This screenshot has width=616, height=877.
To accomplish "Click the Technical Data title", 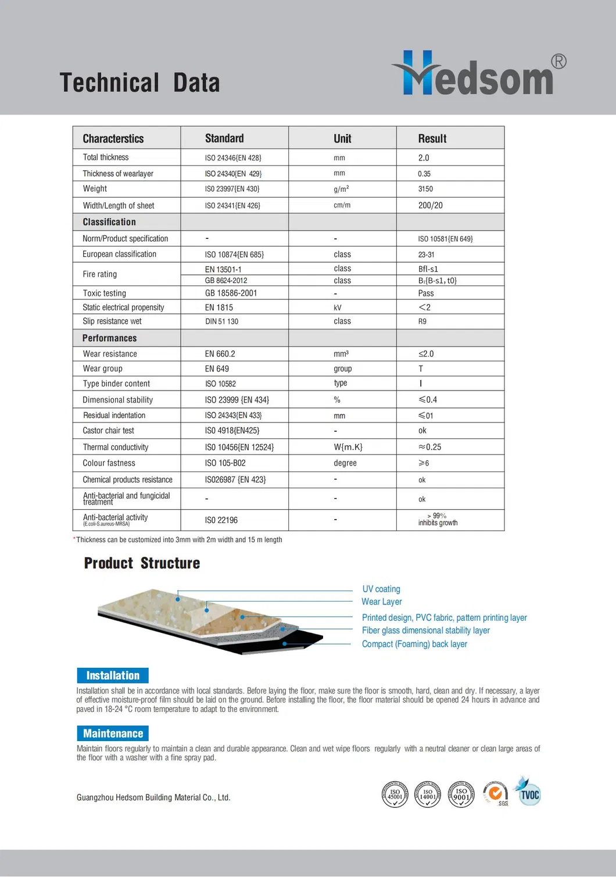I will tap(139, 83).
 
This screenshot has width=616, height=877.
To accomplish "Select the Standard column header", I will tap(224, 138).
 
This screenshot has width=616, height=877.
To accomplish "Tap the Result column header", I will tap(432, 138).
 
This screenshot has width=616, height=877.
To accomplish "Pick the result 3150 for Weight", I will tap(425, 189).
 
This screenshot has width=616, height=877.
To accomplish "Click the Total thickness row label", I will tap(106, 157).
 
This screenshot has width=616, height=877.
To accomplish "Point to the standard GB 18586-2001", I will tap(231, 293).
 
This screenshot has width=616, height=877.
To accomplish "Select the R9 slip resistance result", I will tap(422, 321).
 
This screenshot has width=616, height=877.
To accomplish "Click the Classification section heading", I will tap(109, 222).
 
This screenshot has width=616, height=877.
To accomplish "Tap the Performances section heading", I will tap(109, 338).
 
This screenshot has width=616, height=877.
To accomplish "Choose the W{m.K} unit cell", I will tap(348, 447).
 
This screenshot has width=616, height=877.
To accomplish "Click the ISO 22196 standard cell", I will tap(221, 520).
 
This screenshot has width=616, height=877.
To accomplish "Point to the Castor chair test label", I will tap(108, 431).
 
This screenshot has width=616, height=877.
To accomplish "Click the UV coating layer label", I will tap(381, 589).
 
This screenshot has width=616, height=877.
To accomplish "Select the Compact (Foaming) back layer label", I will tap(414, 644).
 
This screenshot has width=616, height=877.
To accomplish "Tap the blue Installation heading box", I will tap(113, 675).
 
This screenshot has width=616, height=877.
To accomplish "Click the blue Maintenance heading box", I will tap(113, 733).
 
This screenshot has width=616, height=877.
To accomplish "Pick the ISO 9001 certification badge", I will tap(461, 794).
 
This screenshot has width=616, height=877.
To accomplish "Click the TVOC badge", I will tap(529, 794).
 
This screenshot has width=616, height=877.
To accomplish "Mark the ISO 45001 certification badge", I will tap(395, 794).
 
